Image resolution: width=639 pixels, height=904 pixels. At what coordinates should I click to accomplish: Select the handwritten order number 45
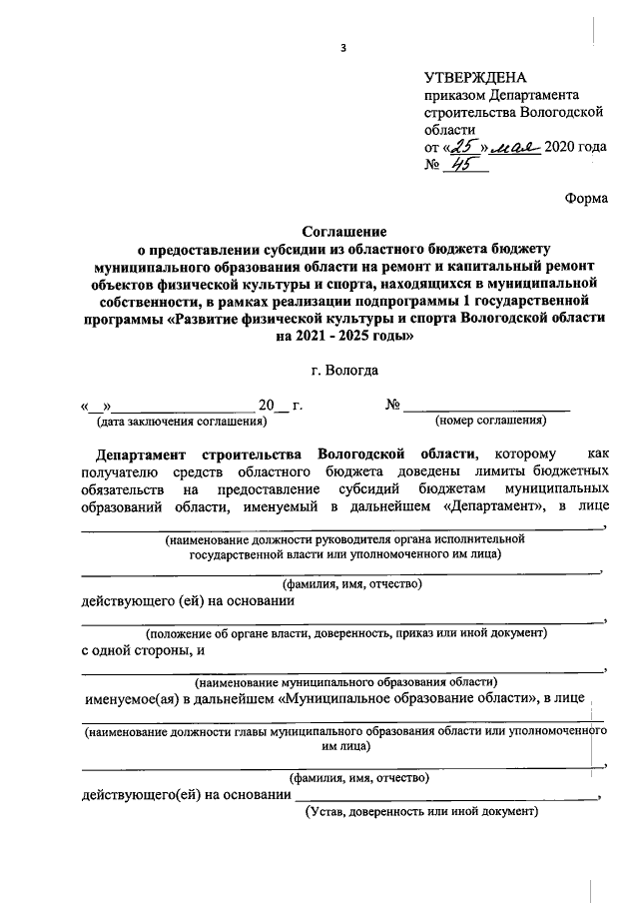(x=461, y=166)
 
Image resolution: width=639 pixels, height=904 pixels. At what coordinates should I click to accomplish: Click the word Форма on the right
(x=585, y=198)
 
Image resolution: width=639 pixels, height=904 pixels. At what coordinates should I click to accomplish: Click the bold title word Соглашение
(x=343, y=231)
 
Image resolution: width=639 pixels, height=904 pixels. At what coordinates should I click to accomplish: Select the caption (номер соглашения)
(x=489, y=421)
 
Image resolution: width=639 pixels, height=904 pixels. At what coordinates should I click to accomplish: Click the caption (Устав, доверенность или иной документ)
(x=421, y=812)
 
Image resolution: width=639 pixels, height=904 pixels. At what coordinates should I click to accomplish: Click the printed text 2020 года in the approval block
(x=575, y=147)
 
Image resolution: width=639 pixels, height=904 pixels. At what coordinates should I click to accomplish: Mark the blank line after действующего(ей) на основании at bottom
(x=444, y=796)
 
